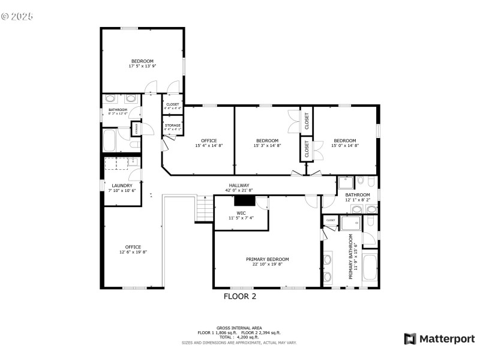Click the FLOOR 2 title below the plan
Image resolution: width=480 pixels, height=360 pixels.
tap(240, 296)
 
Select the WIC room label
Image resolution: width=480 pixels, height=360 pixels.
tap(241, 212)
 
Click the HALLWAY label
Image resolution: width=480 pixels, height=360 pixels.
tap(239, 185)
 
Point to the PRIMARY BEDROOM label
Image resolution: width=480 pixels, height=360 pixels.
tap(267, 259)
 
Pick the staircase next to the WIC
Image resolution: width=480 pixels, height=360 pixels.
tap(205, 209)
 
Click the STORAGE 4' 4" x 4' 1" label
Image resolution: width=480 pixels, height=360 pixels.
tap(172, 125)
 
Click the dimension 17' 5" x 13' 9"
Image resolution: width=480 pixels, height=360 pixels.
tap(142, 66)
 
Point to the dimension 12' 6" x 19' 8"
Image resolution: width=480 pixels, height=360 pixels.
tap(133, 252)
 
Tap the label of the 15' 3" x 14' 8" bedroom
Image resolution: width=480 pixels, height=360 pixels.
tap(267, 140)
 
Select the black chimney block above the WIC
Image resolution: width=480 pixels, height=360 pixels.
tap(244, 201)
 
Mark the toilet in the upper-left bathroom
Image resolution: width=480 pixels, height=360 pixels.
tap(135, 145)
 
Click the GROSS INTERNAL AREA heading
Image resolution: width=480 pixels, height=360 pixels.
tap(239, 328)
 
